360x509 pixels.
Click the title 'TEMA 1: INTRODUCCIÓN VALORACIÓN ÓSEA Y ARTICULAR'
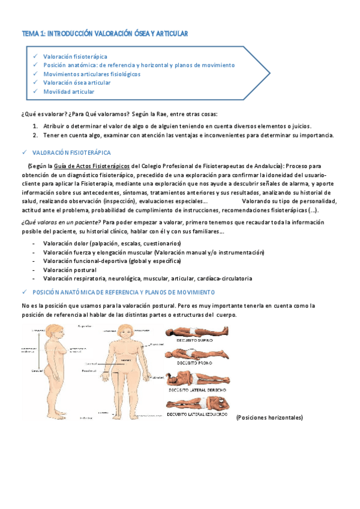[x=104, y=34]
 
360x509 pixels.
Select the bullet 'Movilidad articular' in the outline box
[x=68, y=92]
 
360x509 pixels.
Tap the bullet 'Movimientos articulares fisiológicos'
[x=91, y=74]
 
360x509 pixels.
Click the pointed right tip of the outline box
[x=269, y=74]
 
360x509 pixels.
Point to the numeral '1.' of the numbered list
[x=35, y=126]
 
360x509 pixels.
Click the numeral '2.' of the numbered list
[x=35, y=135]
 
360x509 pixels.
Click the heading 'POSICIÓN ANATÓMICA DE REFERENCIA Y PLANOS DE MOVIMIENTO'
[x=122, y=292]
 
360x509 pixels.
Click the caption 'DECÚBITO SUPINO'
[x=193, y=340]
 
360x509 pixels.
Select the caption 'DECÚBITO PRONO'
[x=193, y=363]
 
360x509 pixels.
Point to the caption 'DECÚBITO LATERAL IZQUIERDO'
[x=197, y=414]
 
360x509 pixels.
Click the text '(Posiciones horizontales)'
[x=269, y=417]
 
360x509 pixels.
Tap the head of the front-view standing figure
[x=127, y=332]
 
